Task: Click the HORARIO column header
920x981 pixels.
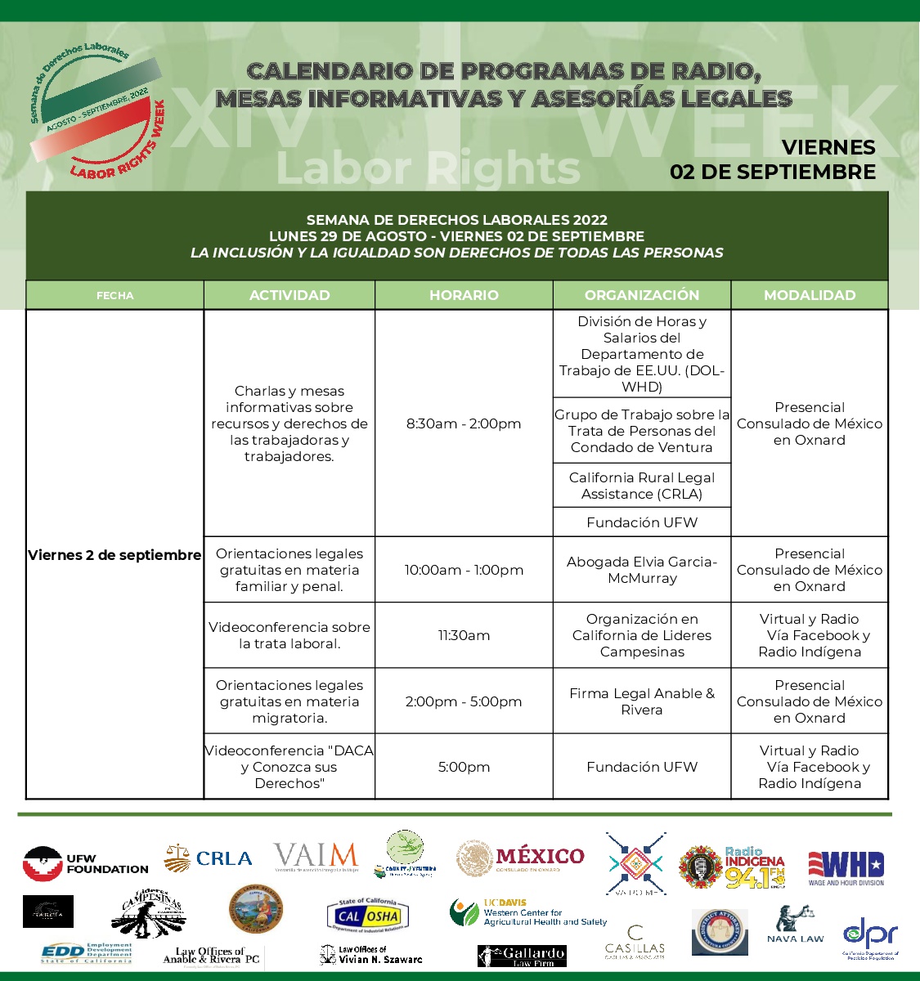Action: point(464,295)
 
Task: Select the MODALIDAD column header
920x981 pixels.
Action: point(810,295)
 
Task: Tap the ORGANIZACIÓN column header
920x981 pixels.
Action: point(642,295)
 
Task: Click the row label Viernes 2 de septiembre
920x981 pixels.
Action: point(114,555)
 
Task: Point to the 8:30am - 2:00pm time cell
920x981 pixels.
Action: point(464,423)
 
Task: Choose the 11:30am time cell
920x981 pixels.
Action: point(464,635)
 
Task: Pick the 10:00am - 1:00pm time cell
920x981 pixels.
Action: point(464,570)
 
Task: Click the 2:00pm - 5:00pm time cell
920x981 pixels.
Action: point(464,701)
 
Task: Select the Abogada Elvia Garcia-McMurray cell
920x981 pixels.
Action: point(642,570)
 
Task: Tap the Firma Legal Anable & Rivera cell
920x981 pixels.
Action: point(642,701)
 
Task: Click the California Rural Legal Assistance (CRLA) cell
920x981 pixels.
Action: point(642,486)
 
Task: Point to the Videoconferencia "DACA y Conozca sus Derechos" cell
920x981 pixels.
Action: point(289,767)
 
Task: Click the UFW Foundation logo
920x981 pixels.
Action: point(85,863)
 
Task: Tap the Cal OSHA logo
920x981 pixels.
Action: point(369,916)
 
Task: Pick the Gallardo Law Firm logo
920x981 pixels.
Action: point(522,956)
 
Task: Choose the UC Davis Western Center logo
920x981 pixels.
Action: point(527,913)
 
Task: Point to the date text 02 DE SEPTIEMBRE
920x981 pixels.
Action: point(772,172)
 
